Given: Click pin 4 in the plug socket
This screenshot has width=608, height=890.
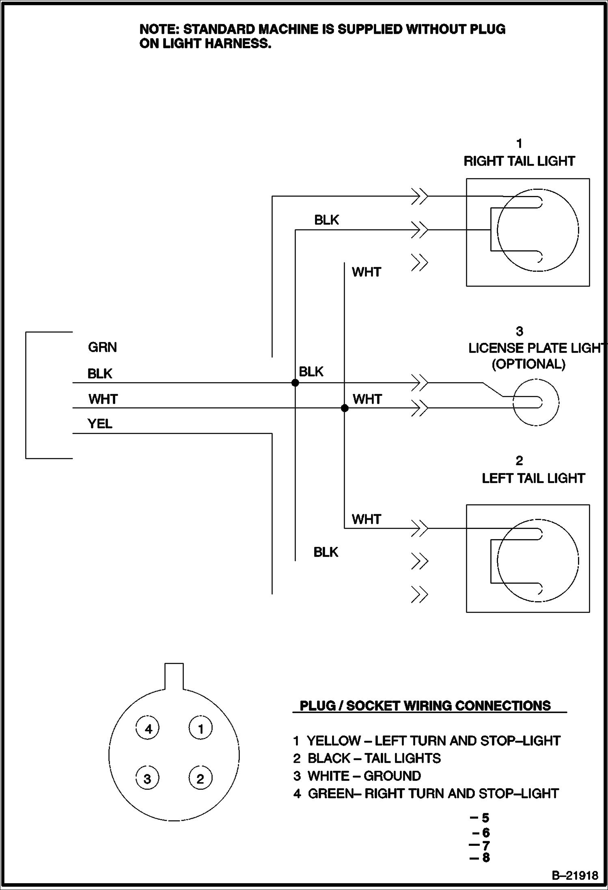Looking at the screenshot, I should pos(147,729).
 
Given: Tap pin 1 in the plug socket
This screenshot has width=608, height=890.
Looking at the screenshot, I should pos(201,729).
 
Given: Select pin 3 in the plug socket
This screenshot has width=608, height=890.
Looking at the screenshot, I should pos(147,778).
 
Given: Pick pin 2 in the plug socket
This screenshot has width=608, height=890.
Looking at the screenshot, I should pos(201,778).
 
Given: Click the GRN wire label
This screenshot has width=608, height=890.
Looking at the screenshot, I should pos(102,347).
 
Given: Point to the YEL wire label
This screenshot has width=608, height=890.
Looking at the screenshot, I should pos(100,424).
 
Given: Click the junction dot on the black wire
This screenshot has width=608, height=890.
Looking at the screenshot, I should pos(295,383).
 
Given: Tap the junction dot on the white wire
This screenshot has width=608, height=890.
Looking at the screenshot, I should pos(345,408).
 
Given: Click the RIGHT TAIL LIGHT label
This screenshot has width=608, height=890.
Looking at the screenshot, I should pos(519,161).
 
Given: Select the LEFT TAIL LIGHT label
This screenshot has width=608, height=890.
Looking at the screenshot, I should pos(533,478).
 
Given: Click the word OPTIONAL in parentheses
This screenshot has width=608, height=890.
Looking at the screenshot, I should pos(528,364).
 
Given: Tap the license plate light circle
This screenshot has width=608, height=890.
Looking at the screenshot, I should pos(536,402).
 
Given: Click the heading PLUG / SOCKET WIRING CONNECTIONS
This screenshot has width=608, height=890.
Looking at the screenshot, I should pos(425,705).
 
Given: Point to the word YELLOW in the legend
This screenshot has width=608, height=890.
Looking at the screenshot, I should pos(334,741).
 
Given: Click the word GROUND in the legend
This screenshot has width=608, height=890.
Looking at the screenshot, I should pos(392,776).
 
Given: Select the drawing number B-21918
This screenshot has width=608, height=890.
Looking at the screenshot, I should pos(575,875).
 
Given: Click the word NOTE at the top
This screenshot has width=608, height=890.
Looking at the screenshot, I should pos(159,29).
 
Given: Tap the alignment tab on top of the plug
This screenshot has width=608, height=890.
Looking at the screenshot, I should pos(174,675).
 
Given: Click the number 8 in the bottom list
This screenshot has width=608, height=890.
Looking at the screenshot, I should pos(486,857).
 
